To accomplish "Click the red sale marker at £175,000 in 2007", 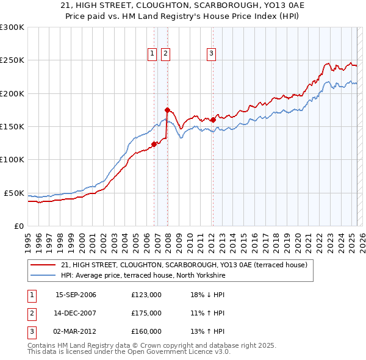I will click(167, 110).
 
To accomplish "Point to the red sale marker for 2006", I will click(154, 145).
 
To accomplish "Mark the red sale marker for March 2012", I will click(213, 120).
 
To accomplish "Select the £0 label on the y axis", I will click(18, 226).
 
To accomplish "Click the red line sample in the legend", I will click(43, 265).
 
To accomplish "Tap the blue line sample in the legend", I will click(43, 276).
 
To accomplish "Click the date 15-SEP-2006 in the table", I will click(76, 295).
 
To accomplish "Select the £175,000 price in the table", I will click(146, 313).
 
